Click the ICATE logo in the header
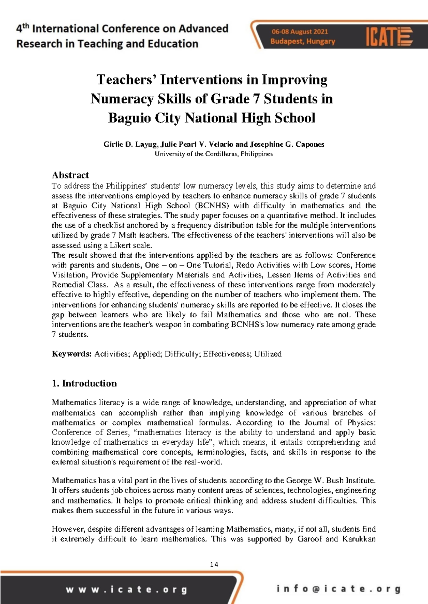389,36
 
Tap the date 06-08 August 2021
300,32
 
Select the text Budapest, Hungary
302,41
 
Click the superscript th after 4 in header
25,26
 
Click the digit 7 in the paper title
256,99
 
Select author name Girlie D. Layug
130,144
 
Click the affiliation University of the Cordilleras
196,154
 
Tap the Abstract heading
70,175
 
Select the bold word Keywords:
72,354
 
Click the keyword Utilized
268,354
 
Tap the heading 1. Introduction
84,383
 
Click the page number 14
214,564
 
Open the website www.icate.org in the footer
126,589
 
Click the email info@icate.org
338,589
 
